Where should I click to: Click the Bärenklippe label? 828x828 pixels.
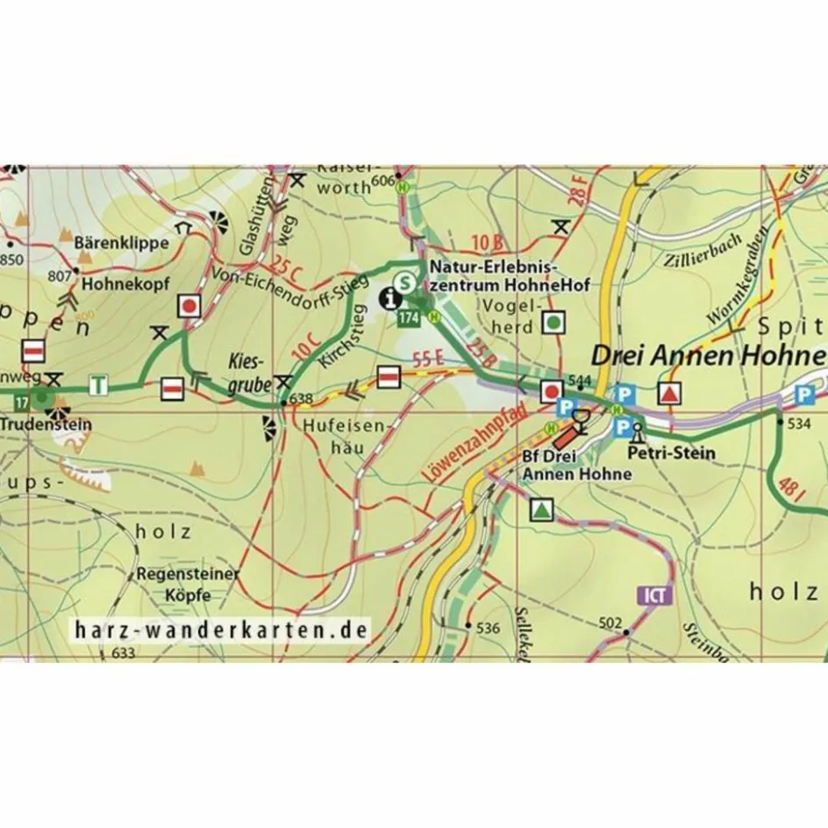(x=121, y=243)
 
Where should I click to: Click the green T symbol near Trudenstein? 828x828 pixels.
(x=100, y=384)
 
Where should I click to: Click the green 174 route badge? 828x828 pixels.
(x=409, y=318)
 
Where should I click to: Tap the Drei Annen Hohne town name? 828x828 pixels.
(x=708, y=355)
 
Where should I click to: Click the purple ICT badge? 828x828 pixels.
(x=655, y=596)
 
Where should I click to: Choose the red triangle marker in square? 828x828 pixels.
(x=669, y=394)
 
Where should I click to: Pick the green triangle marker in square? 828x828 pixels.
(x=542, y=509)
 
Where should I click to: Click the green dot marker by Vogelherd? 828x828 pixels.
(x=553, y=323)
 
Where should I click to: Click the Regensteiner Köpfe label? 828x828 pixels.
(x=188, y=583)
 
